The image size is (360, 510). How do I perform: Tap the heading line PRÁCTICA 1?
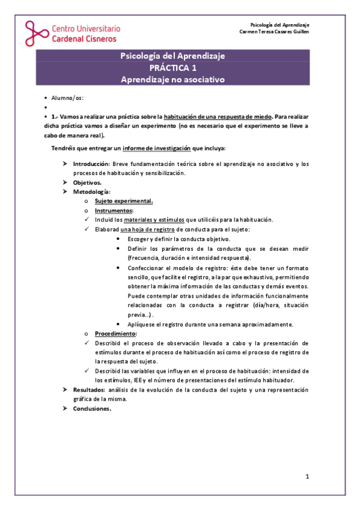pos(173,68)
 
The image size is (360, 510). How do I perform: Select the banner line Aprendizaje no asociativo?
pos(173,79)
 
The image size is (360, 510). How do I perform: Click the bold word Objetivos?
pos(88,182)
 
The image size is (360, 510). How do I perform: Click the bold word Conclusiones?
pos(92,408)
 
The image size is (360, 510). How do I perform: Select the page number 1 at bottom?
pos(307,478)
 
